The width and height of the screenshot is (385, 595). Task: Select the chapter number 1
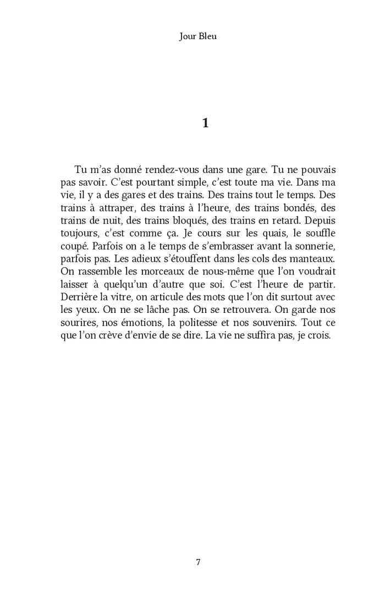(206, 123)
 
